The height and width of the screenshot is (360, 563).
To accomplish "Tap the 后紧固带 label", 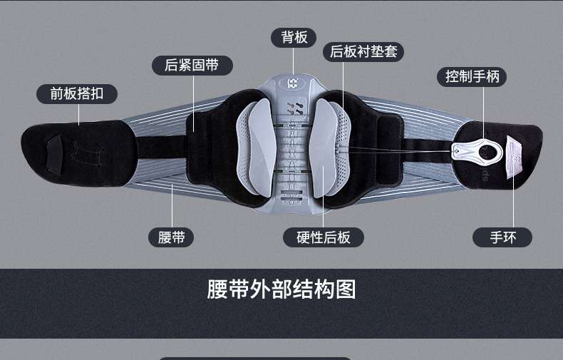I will pyautogui.click(x=192, y=65).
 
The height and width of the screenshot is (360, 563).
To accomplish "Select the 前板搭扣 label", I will pyautogui.click(x=78, y=93).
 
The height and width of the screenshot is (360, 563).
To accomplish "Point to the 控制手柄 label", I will pyautogui.click(x=472, y=76).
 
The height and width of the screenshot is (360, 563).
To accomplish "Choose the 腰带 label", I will pyautogui.click(x=171, y=237).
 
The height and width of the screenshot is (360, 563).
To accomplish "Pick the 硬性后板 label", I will pyautogui.click(x=323, y=237).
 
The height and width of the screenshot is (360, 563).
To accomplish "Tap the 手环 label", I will pyautogui.click(x=502, y=237).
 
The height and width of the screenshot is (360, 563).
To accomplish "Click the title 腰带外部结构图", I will pyautogui.click(x=281, y=289).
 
